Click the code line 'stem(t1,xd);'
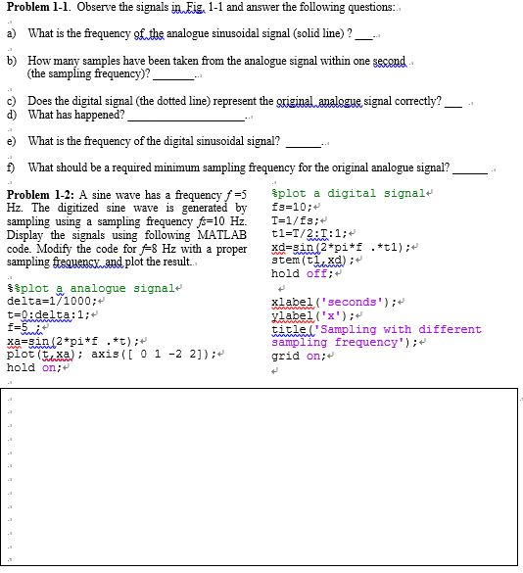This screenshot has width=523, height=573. pos(308,260)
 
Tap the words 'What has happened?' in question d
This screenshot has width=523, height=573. pos(76,115)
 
